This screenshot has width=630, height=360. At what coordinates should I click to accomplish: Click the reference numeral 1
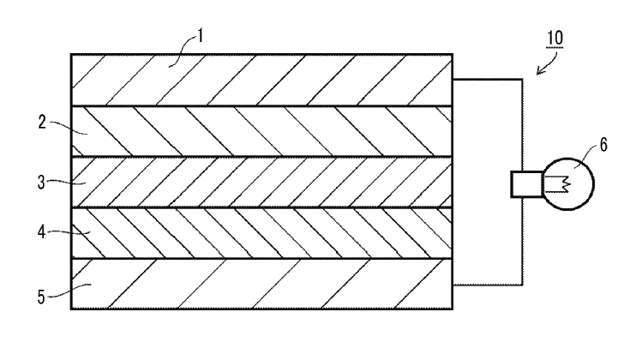(x=201, y=36)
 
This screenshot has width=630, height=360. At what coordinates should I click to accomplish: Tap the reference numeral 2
(x=42, y=122)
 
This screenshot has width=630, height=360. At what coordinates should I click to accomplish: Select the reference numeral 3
(x=41, y=183)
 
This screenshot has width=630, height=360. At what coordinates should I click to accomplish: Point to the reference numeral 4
(x=41, y=232)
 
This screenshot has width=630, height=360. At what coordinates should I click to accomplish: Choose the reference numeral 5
(x=41, y=297)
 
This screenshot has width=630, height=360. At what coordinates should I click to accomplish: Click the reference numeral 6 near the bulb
(x=603, y=145)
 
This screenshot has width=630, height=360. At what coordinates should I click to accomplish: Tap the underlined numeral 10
(x=555, y=38)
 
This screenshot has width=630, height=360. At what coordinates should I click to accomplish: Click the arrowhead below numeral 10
(x=540, y=71)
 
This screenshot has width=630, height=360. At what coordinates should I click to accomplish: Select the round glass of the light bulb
(x=568, y=183)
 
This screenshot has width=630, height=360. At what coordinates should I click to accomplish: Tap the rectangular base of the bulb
(x=527, y=184)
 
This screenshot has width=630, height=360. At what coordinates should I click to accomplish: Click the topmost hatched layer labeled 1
(x=262, y=80)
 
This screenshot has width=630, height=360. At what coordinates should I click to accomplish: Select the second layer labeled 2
(x=262, y=131)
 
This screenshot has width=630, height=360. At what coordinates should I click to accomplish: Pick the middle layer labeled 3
(x=262, y=182)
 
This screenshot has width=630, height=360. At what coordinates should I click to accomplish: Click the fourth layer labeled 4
(x=262, y=233)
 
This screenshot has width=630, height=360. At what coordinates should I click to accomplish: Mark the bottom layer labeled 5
(x=262, y=284)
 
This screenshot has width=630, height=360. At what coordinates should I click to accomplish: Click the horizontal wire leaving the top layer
(x=488, y=80)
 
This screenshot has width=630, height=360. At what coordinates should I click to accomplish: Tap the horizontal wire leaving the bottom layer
(x=488, y=285)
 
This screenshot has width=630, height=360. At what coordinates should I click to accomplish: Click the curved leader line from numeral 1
(x=183, y=51)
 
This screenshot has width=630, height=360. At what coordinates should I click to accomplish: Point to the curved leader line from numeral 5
(x=69, y=291)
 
